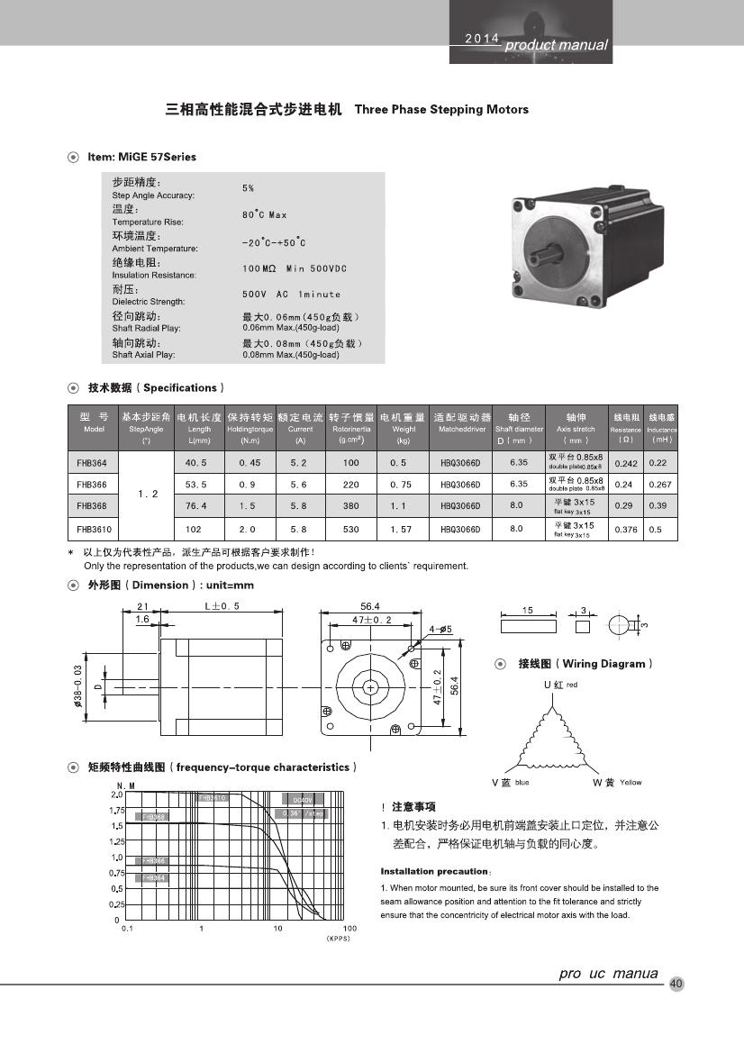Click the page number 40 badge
pyautogui.click(x=677, y=984)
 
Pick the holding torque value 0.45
pyautogui.click(x=250, y=462)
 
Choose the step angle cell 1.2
pyautogui.click(x=148, y=495)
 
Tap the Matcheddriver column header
pyautogui.click(x=462, y=430)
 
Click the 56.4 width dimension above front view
pyautogui.click(x=370, y=607)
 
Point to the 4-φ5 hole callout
pyautogui.click(x=440, y=629)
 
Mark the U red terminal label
pyautogui.click(x=559, y=685)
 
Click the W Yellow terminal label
pyautogui.click(x=617, y=782)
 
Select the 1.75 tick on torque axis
pyautogui.click(x=116, y=810)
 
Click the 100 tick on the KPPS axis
pyautogui.click(x=349, y=928)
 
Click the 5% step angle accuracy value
pyautogui.click(x=248, y=188)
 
